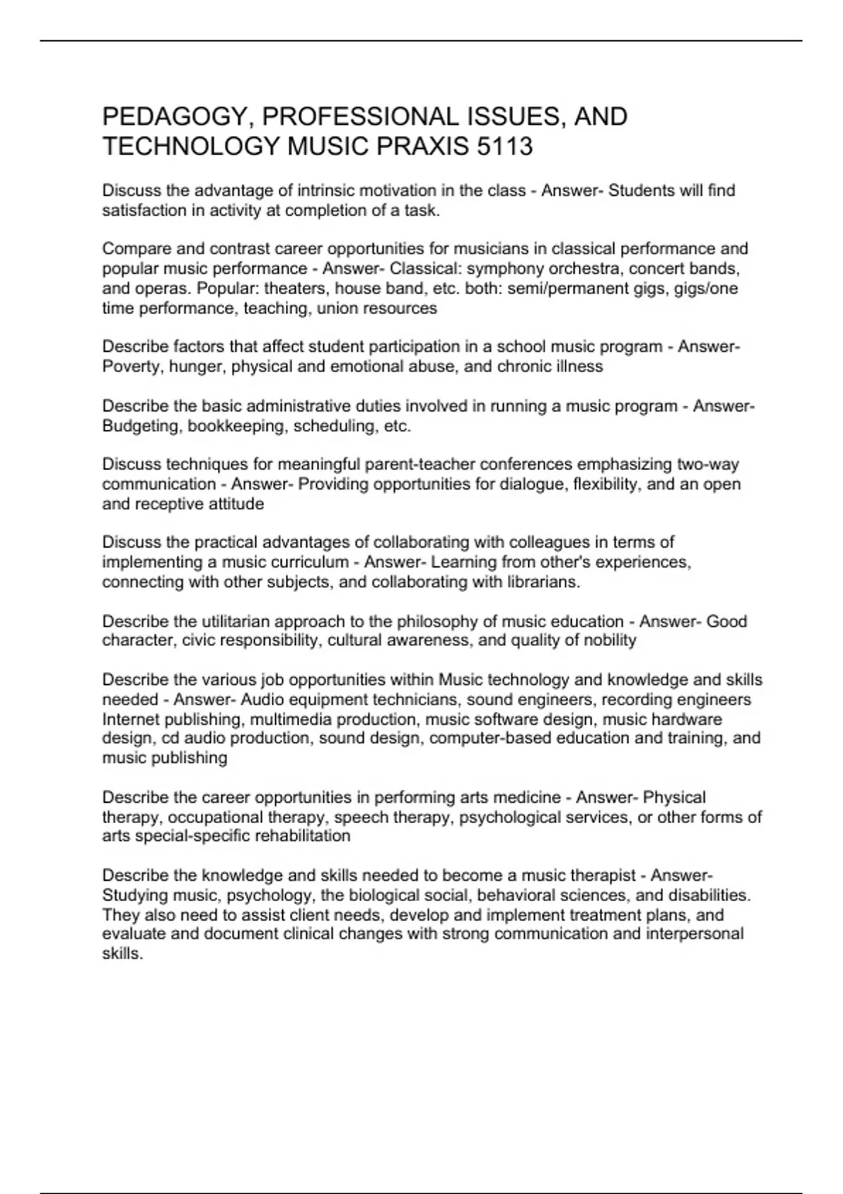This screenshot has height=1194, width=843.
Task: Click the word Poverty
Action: [x=129, y=366]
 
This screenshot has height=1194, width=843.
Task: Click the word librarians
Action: [x=540, y=582]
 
